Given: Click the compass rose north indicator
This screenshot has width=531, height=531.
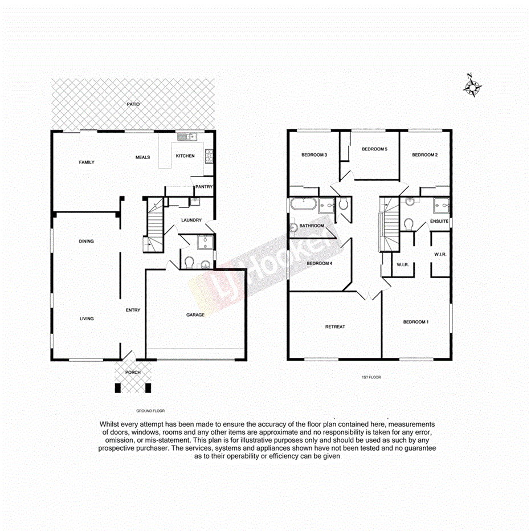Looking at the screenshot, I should point(473,86).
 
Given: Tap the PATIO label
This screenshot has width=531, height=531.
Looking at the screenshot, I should point(133,104).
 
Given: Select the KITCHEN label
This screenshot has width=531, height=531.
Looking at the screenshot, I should point(185,156).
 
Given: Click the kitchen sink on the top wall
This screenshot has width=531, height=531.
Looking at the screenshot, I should point(186,136).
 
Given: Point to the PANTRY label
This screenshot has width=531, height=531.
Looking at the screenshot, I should point(203,186).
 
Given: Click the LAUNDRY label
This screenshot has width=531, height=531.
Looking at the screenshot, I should point(191,220).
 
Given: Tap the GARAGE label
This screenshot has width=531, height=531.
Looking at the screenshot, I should point(195,314).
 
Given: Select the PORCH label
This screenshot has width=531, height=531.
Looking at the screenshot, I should point(133,372).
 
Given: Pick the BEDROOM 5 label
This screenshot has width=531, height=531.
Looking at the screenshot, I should point(374,149).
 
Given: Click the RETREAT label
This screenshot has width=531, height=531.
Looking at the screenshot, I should point(335,326).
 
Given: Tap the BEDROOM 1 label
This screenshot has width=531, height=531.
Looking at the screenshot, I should point(415,322).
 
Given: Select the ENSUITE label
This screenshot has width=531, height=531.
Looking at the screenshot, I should point(439,221).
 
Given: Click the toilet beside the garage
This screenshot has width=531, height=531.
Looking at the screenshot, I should point(190,262).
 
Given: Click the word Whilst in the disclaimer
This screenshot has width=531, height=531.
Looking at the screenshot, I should point(111,424).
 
